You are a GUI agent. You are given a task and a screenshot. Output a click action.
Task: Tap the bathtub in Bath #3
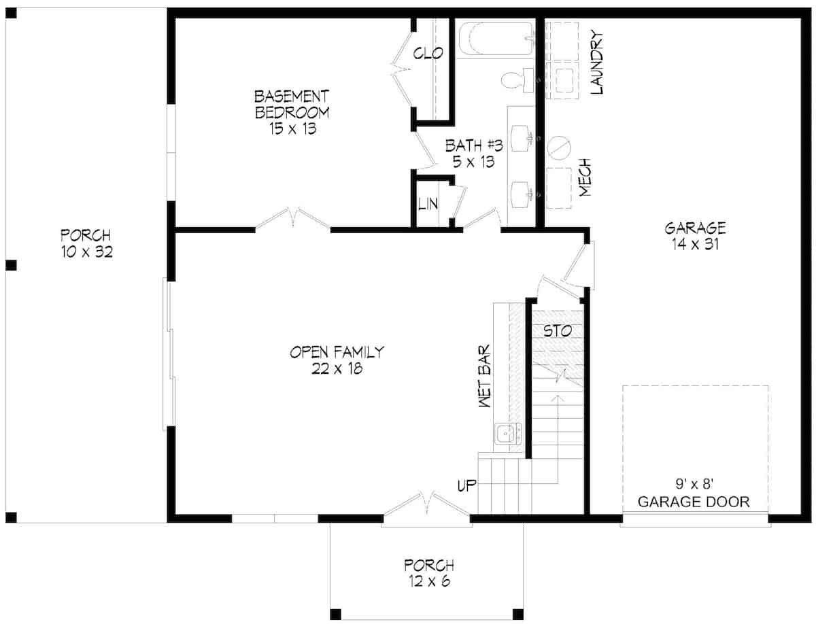click(494, 39)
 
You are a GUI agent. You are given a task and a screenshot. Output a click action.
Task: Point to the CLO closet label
click(428, 53)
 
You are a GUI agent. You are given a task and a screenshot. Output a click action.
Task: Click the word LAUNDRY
click(598, 62)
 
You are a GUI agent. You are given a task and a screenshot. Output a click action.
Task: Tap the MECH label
click(585, 179)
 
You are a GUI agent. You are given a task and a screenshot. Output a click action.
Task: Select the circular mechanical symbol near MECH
click(559, 147)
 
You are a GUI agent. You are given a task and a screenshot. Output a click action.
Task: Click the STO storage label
click(557, 331)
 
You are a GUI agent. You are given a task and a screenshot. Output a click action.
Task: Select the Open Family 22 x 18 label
click(337, 360)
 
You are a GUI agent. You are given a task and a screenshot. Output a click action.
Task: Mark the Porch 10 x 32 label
click(85, 244)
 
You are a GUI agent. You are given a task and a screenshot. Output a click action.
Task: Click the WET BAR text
click(486, 378)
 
